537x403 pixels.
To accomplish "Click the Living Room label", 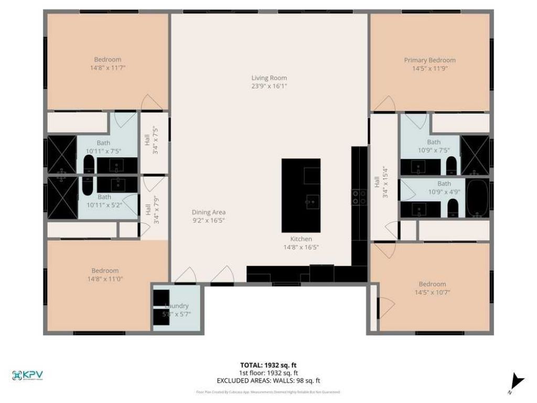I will tap(269, 78).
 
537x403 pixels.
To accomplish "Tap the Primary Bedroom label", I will tap(429, 60).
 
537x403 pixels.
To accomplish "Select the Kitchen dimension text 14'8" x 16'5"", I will tap(301, 247).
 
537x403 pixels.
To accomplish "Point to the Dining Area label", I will tap(208, 212).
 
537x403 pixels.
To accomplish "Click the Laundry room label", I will tap(176, 306).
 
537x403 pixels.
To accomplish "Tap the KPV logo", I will tap(27, 375).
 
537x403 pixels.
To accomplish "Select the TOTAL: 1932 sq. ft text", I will tap(268, 365).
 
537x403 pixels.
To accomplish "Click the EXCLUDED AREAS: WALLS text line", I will tap(268, 381).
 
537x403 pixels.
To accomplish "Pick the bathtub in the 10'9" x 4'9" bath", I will tap(477, 198).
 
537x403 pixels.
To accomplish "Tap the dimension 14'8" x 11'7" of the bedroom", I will tap(108, 68).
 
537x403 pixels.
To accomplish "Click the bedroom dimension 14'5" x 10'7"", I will tap(432, 292).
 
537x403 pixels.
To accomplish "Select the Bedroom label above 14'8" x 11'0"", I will tap(105, 271).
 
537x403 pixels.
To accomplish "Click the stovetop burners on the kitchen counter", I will tap(359, 197).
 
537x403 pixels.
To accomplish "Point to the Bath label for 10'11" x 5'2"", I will tap(104, 197).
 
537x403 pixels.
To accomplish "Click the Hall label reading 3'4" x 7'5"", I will tap(151, 139).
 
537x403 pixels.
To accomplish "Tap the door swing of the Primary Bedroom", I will tap(384, 104).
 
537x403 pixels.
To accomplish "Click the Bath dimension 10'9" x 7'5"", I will tap(434, 151).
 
